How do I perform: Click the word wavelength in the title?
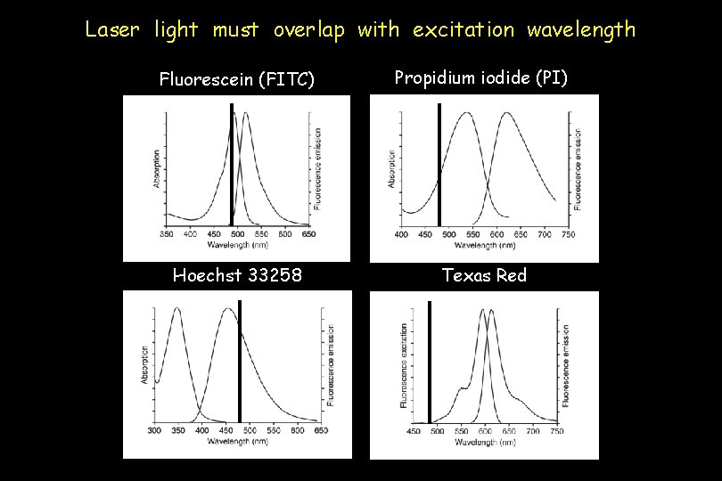pyautogui.click(x=581, y=29)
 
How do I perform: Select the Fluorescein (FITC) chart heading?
pyautogui.click(x=236, y=80)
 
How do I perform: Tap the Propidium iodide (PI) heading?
pyautogui.click(x=480, y=78)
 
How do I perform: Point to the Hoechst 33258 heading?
pyautogui.click(x=237, y=275)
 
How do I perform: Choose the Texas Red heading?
pyautogui.click(x=485, y=275)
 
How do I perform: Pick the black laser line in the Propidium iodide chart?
pyautogui.click(x=439, y=165)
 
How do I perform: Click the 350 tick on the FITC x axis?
pyautogui.click(x=167, y=234)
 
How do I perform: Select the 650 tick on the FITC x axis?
pyautogui.click(x=307, y=234)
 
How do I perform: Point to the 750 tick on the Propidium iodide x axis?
pyautogui.click(x=567, y=234)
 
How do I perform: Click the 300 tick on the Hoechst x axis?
pyautogui.click(x=155, y=430)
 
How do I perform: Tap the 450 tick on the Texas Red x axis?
pyautogui.click(x=414, y=431)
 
